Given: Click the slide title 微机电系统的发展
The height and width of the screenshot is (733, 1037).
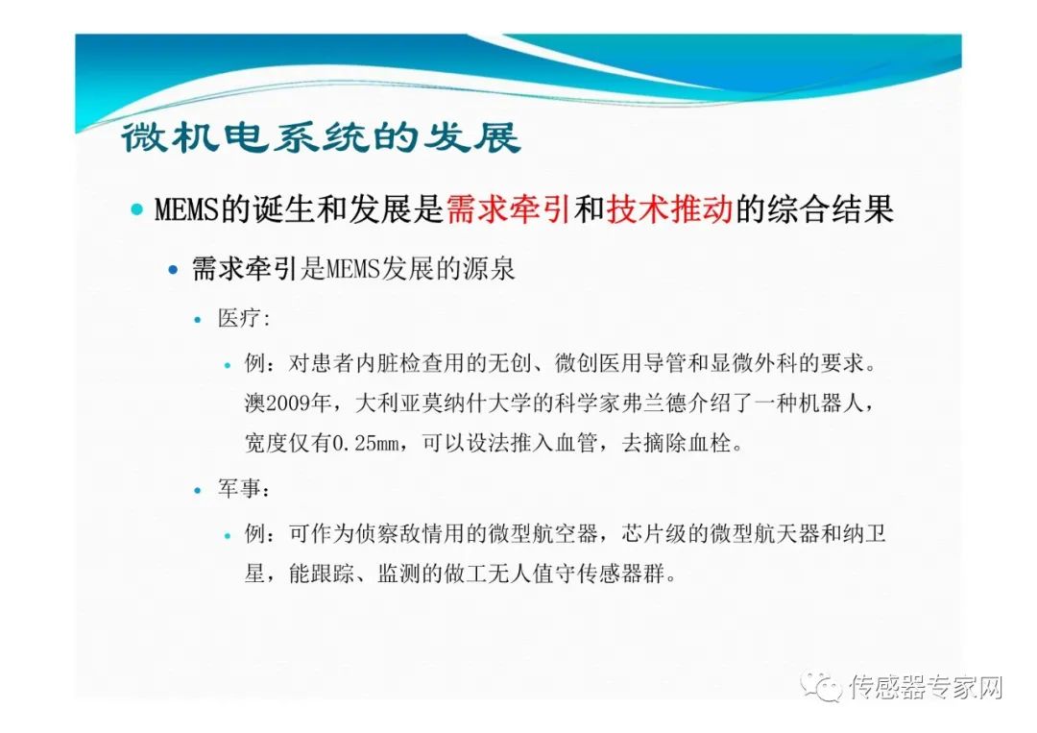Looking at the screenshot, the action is (x=321, y=137).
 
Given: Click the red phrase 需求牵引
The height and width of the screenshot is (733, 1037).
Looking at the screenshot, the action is (x=509, y=209).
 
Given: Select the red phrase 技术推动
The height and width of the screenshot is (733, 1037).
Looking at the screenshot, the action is (x=669, y=209).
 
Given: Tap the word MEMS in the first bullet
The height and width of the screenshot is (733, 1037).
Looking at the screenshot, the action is (x=186, y=210).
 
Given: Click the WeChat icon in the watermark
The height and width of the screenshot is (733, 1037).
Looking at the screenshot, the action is (x=821, y=687).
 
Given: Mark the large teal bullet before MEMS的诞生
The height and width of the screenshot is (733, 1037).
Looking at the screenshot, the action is (x=137, y=210).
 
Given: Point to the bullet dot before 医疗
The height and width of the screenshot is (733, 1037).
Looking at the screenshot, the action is (x=198, y=320).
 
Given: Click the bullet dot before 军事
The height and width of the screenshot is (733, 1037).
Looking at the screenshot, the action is (x=198, y=491).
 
